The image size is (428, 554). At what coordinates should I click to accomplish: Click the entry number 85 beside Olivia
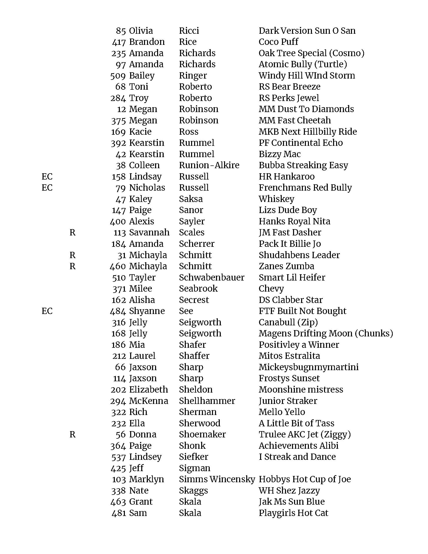coord(121,31)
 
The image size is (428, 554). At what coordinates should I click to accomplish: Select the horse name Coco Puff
coord(278,42)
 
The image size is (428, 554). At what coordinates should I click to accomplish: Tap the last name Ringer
coord(193,76)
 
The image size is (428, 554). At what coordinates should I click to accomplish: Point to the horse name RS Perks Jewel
coord(289,98)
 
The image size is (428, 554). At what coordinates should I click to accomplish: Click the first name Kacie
coord(140,132)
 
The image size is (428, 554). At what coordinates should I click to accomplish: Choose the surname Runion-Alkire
coord(209,165)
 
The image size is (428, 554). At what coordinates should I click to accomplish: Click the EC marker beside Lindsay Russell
coord(47,177)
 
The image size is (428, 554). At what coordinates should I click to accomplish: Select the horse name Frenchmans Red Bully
coord(305,188)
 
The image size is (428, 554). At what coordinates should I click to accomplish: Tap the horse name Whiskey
coord(276,199)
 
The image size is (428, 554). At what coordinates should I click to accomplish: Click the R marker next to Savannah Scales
coord(73,232)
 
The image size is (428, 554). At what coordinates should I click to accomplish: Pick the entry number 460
coord(118,266)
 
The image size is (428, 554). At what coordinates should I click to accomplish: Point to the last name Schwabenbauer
coord(211,278)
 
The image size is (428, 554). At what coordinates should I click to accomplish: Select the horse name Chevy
coord(271,289)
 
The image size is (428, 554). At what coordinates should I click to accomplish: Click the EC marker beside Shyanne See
coord(47,311)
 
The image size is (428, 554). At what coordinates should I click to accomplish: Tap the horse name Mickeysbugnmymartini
coord(308,367)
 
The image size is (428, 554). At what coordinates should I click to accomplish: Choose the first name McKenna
coord(148,401)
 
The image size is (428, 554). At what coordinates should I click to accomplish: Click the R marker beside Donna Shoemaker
coord(73,434)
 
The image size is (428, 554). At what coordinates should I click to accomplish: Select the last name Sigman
coord(194,468)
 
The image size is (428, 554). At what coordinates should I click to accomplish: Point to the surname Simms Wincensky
coord(217,479)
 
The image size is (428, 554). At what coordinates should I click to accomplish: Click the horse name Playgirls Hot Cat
coord(293,513)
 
